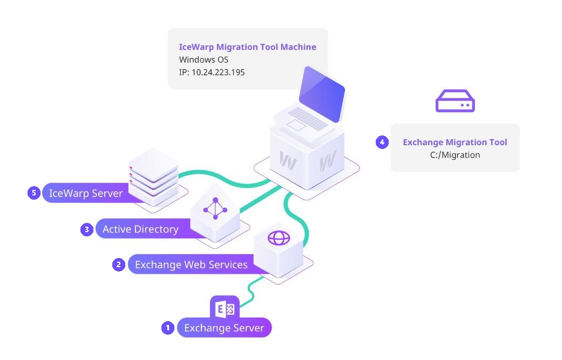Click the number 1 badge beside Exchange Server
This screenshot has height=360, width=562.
(x=168, y=328)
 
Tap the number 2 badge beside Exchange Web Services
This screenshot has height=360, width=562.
(x=119, y=264)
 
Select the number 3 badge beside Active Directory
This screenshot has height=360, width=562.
(x=87, y=229)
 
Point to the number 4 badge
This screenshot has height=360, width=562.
(x=382, y=142)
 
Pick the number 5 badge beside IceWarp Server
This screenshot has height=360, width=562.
(x=34, y=193)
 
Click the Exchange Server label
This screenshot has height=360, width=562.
(x=224, y=328)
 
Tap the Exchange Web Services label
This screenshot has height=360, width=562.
(x=191, y=264)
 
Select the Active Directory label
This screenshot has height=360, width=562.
(x=140, y=229)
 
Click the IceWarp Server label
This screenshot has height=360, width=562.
(x=86, y=193)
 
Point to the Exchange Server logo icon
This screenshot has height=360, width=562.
(x=225, y=309)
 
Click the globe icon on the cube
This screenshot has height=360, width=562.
(x=279, y=238)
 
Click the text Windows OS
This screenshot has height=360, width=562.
(x=204, y=59)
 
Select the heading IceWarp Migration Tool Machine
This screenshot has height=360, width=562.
(x=247, y=47)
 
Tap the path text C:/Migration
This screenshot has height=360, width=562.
(x=455, y=155)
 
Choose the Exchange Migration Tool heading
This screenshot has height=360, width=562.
(x=455, y=142)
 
